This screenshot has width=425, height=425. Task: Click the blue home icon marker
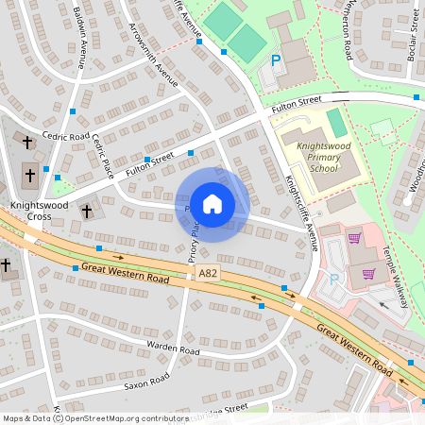click(212, 204)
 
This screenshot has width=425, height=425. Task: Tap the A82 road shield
click(209, 273)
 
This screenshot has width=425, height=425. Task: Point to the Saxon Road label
click(145, 381)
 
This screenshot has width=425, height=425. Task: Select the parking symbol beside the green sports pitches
click(277, 59)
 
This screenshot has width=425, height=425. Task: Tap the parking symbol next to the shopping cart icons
click(332, 280)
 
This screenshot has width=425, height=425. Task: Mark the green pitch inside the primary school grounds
click(336, 122)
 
